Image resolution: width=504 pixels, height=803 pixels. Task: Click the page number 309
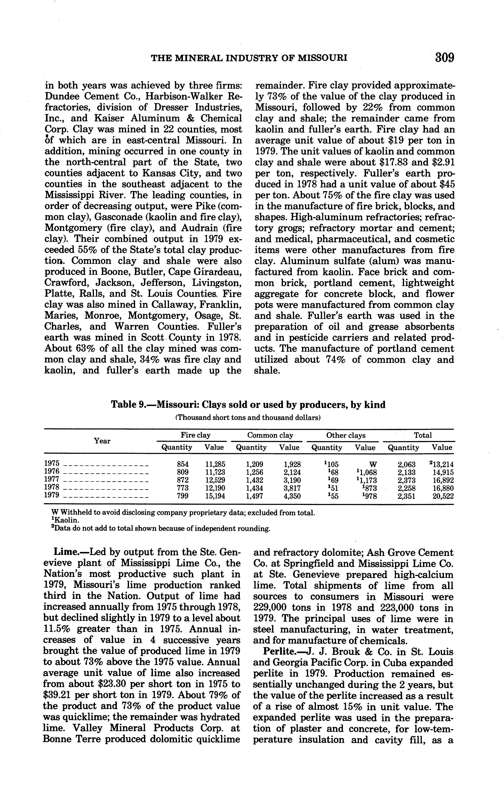[x=444, y=58]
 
